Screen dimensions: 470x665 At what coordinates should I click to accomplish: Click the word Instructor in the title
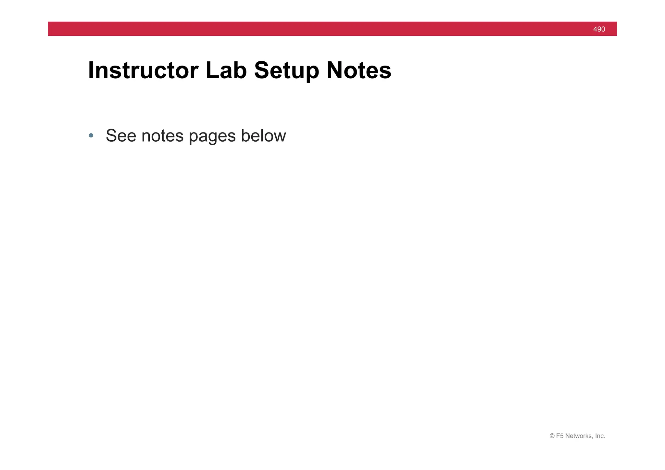[x=143, y=70]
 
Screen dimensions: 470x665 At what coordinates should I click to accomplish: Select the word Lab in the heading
[x=226, y=70]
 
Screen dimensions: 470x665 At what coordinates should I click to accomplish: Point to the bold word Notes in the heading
[x=359, y=70]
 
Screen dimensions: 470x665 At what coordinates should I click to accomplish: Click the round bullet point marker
[x=91, y=135]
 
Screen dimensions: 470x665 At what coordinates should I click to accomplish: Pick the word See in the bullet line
[x=121, y=136]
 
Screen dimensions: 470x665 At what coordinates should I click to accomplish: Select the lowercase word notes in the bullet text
[x=162, y=136]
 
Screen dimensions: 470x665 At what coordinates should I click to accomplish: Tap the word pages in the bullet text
[x=212, y=136]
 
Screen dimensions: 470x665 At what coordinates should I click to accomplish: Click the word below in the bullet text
[x=263, y=136]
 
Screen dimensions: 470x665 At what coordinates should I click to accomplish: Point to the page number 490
[x=599, y=29]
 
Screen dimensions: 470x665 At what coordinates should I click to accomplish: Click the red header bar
[x=325, y=29]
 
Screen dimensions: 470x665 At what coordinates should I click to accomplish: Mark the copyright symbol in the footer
[x=552, y=436]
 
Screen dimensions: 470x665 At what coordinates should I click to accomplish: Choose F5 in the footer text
[x=560, y=436]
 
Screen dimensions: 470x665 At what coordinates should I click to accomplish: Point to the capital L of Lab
[x=211, y=70]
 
